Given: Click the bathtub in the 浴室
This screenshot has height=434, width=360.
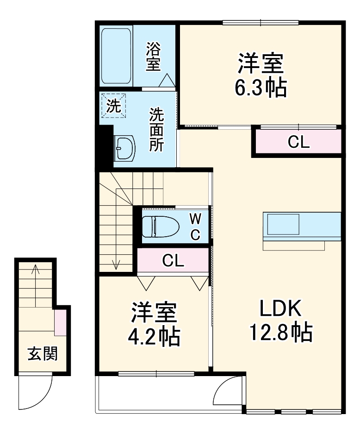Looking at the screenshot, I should pos(117,57).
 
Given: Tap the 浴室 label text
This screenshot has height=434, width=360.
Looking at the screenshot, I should pos(154,57).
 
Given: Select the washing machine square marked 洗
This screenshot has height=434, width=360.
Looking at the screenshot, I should pos(112,106).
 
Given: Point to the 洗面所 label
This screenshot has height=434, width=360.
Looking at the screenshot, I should pos(156,130).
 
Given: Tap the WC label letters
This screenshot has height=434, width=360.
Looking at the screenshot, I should pos(195,226).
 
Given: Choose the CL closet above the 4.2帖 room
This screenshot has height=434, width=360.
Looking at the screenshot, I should pos(173,261).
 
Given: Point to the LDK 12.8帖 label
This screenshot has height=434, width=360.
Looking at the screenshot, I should pos(280,320).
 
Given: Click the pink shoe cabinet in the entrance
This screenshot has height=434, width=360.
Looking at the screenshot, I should pos(60,323).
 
